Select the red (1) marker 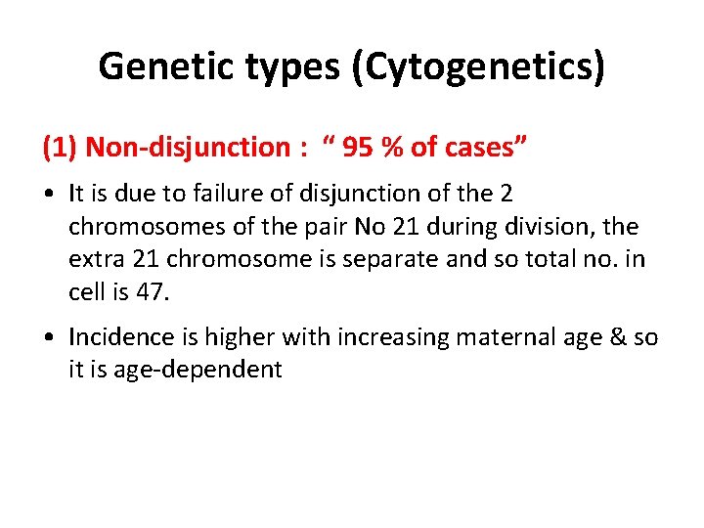coord(60,148)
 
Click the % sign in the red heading coord(394,148)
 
